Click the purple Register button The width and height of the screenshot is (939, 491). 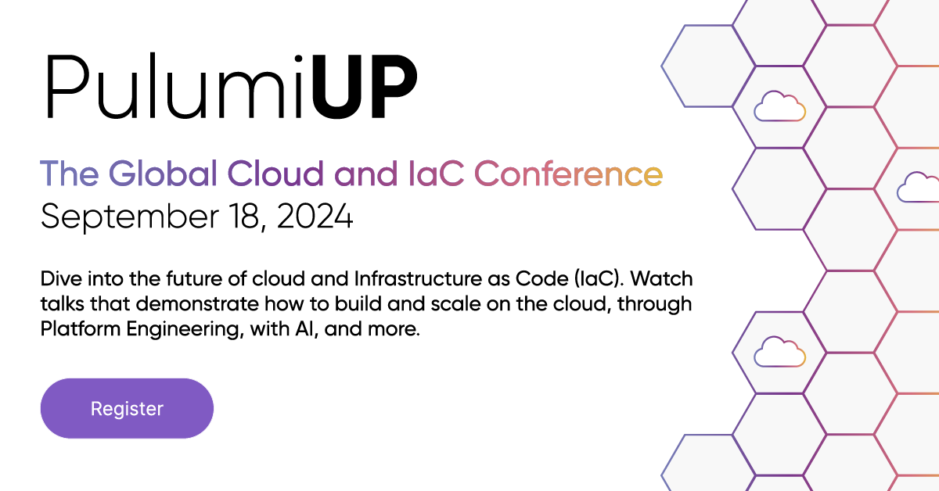(x=127, y=408)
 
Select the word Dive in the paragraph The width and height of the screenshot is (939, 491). (x=58, y=279)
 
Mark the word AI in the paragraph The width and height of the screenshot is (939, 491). (x=297, y=329)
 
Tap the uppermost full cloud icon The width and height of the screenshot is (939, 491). (x=779, y=106)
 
